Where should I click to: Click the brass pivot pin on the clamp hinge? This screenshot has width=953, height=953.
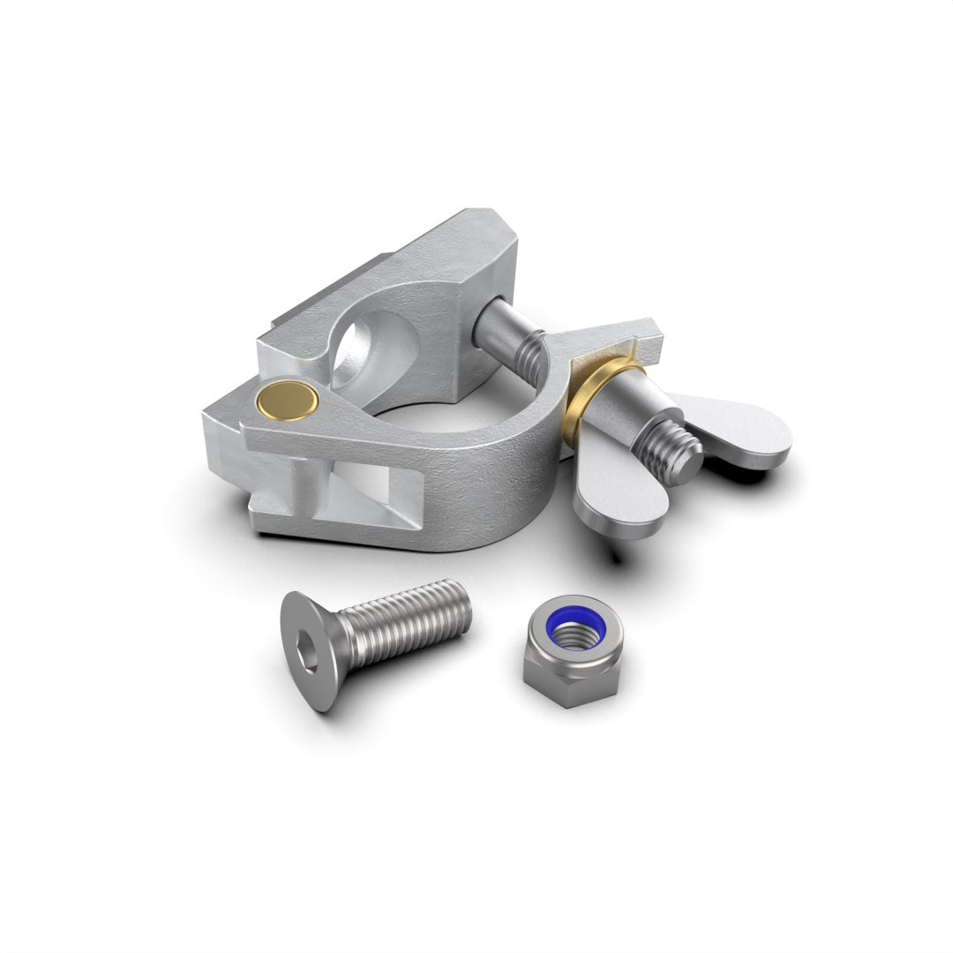point(288,401)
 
